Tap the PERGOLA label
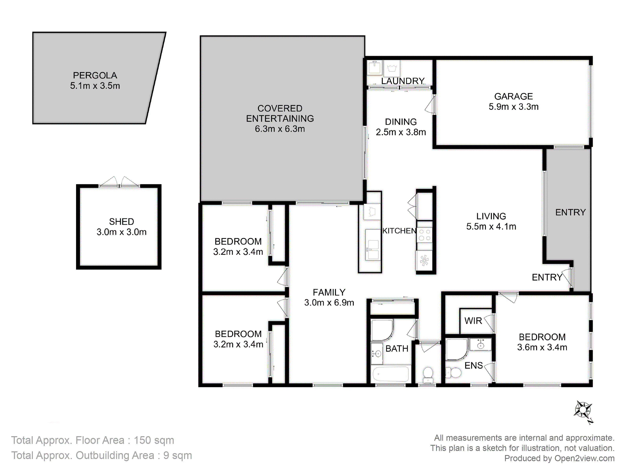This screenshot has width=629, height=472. [x=95, y=75]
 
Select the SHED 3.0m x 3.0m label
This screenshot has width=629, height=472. [x=121, y=227]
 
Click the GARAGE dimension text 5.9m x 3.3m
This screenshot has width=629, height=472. [x=514, y=107]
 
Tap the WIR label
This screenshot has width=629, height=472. [x=473, y=321]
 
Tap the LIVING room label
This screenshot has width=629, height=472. [x=491, y=216]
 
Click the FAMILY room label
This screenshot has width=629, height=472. [x=329, y=292]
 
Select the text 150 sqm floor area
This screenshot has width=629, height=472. [x=154, y=440]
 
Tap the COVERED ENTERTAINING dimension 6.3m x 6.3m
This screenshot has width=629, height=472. [x=280, y=129]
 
